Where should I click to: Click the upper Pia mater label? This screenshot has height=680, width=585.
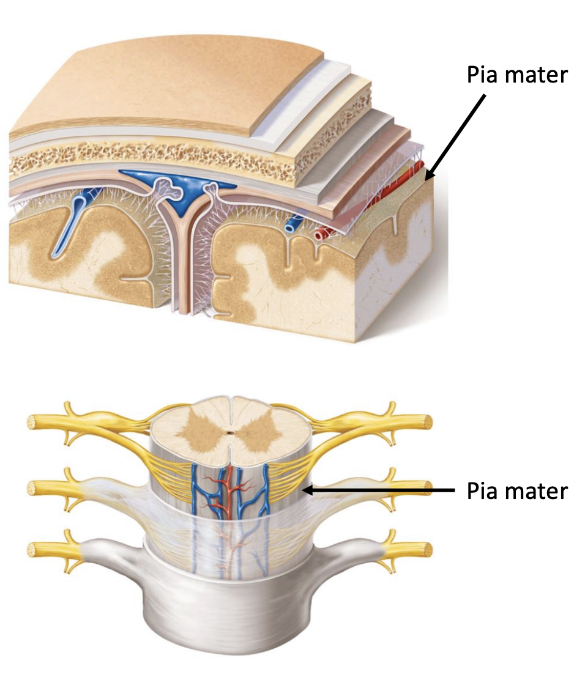click(x=517, y=75)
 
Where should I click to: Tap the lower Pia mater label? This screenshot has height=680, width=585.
click(x=517, y=491)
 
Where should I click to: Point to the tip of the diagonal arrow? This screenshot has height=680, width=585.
click(x=426, y=180)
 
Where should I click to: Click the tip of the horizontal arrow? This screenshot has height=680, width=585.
click(x=302, y=490)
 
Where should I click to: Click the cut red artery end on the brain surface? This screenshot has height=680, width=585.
click(x=322, y=234)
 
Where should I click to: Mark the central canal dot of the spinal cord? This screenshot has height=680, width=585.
click(x=229, y=432)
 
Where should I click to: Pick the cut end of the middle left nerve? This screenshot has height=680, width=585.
click(x=31, y=488)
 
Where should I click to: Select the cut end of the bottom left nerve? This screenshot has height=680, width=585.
click(x=31, y=550)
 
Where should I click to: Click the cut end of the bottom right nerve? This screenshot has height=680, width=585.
click(x=428, y=550)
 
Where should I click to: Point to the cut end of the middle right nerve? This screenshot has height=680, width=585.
click(x=428, y=488)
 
